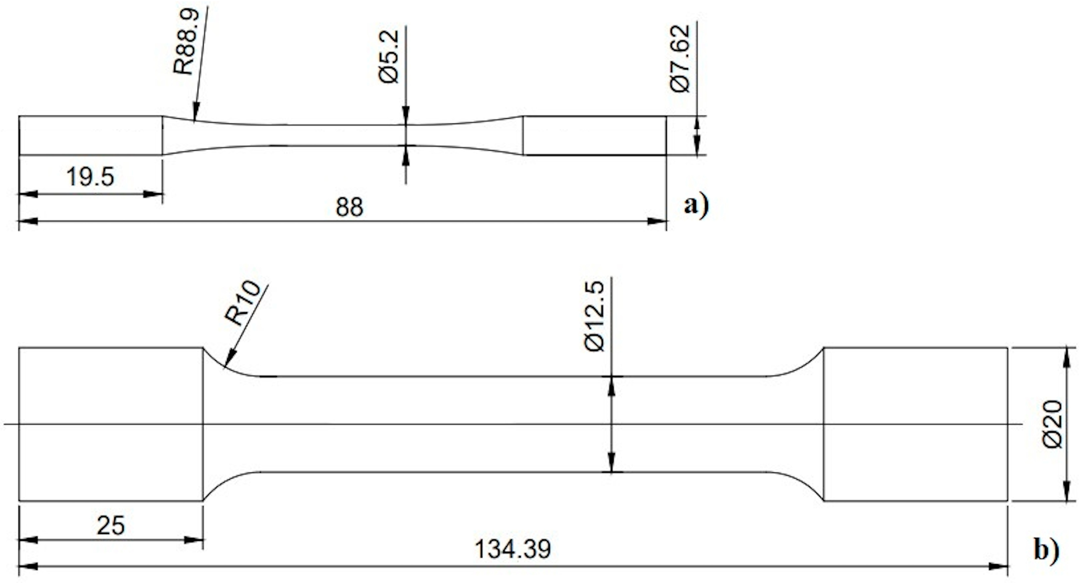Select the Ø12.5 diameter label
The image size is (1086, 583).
click(594, 316)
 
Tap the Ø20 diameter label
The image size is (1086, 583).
click(1053, 424)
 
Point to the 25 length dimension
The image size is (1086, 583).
click(111, 526)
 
